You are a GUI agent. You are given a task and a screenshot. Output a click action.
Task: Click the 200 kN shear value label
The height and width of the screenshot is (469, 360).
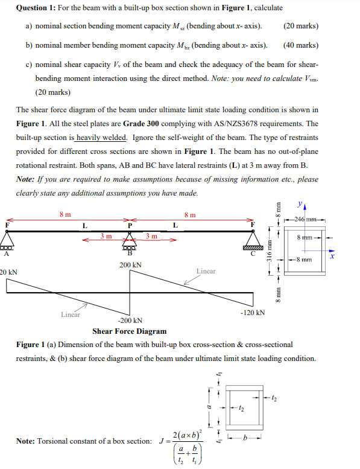130,265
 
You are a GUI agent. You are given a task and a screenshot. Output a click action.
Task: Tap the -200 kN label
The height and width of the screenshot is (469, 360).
130,321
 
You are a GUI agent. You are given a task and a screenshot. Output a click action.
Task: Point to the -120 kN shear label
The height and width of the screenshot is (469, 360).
252,313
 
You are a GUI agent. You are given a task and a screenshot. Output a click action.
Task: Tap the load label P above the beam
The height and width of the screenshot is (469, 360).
130,225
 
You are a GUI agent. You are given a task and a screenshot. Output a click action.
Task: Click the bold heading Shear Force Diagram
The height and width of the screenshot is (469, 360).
129,331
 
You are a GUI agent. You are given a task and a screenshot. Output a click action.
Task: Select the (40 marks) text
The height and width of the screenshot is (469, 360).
300,45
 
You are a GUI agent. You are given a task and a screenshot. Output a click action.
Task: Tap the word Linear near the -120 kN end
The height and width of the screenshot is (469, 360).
206,271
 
